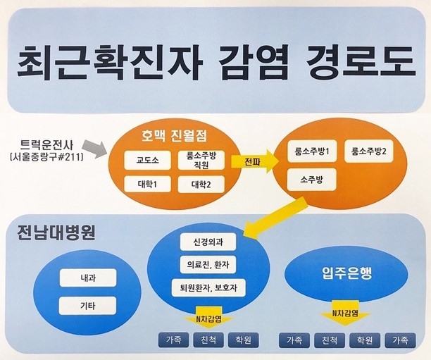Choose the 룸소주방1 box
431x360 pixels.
313,151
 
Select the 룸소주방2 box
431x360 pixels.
374,151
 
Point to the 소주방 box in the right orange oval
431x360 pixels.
313,179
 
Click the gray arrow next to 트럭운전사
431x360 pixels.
99,149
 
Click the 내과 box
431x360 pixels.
88,278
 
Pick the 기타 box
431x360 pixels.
88,305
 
